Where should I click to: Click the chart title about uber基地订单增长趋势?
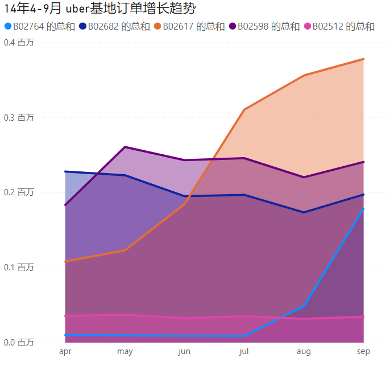pos(96,9)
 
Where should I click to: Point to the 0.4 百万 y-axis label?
pos(19,43)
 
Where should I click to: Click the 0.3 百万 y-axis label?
pos(19,117)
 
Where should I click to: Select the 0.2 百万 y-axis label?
pos(19,192)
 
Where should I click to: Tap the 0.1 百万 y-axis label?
pos(19,267)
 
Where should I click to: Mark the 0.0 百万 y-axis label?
pos(19,342)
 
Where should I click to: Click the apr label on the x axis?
pos(65,351)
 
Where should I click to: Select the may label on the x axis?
pos(125,351)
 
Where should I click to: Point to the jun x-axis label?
pos(184,351)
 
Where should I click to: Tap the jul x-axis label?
pos(244,351)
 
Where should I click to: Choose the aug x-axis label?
pos(304,351)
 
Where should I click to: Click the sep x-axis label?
pos(363,351)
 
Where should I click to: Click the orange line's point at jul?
pos(244,109)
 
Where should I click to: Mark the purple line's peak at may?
pos(125,147)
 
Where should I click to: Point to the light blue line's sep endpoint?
pos(363,209)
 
